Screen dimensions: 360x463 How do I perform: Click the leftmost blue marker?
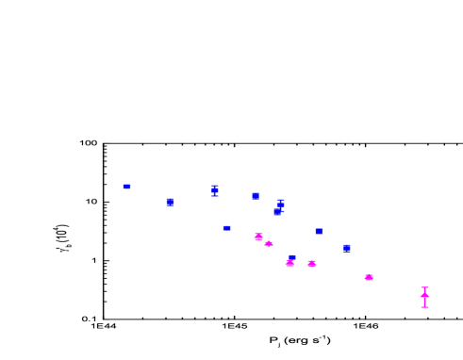coord(126,187)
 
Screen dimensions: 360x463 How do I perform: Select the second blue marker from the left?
coord(170,202)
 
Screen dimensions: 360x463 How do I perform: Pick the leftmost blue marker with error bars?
coord(215,190)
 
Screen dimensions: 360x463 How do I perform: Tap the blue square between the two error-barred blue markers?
coord(256,195)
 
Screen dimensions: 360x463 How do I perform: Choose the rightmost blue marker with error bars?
coord(280,204)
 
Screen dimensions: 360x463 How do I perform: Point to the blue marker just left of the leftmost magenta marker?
coord(226,228)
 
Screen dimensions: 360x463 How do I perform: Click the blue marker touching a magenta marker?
coord(291,257)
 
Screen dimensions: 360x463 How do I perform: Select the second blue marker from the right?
coord(319,231)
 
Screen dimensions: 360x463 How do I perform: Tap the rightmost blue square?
coord(346,248)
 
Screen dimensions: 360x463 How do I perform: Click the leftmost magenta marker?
coord(258,237)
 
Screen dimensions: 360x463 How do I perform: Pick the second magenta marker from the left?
coord(269,244)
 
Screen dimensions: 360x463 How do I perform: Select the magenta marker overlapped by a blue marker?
coord(289,263)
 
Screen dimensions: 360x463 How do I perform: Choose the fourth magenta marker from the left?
coord(311,264)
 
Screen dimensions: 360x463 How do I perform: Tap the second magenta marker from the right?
coord(369,277)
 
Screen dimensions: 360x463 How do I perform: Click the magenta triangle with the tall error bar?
coord(424,295)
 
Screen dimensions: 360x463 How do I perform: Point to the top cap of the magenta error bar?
coord(424,286)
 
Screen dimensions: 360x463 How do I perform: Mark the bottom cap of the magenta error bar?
coord(424,307)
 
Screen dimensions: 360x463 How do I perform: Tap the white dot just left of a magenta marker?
coord(360,277)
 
